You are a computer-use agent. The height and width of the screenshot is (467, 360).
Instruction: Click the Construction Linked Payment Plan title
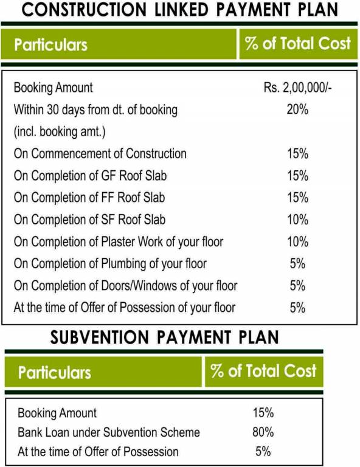click(180, 10)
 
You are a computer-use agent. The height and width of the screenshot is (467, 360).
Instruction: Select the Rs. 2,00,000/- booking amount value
click(297, 88)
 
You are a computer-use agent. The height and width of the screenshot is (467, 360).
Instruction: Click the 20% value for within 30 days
click(297, 110)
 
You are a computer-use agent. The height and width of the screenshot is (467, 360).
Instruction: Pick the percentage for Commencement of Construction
click(297, 154)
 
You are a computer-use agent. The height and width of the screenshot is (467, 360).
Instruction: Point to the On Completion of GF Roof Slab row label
click(90, 176)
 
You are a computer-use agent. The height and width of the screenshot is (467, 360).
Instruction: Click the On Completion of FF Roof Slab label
click(89, 198)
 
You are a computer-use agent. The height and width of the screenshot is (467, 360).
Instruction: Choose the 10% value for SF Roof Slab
click(297, 220)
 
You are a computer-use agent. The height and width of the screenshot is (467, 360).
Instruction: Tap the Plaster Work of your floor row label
click(118, 241)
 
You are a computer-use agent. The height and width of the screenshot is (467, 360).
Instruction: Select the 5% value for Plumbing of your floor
click(297, 263)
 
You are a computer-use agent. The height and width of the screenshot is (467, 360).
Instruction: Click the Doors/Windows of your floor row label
click(125, 285)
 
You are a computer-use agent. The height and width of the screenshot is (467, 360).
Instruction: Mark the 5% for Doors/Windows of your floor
click(297, 285)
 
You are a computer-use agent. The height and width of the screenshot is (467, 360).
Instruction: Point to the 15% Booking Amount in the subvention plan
click(263, 413)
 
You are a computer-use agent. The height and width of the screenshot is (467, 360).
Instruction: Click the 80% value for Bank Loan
click(263, 432)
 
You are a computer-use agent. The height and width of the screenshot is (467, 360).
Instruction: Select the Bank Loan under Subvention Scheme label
click(109, 432)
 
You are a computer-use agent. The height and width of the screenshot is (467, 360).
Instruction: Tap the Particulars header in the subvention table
click(54, 372)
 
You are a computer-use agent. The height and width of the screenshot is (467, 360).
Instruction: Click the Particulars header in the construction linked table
click(50, 44)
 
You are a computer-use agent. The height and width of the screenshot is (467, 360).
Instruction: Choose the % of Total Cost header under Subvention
click(263, 371)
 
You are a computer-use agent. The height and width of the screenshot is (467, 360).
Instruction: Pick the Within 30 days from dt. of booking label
click(95, 110)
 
